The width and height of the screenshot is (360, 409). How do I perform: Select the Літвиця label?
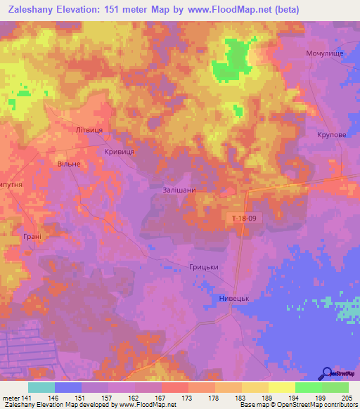click(89, 131)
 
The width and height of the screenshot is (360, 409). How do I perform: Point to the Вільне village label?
click(69, 164)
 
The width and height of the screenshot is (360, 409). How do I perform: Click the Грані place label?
click(32, 237)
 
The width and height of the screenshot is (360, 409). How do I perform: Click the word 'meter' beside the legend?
click(10, 397)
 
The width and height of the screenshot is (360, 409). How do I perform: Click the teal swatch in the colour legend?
click(41, 387)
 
